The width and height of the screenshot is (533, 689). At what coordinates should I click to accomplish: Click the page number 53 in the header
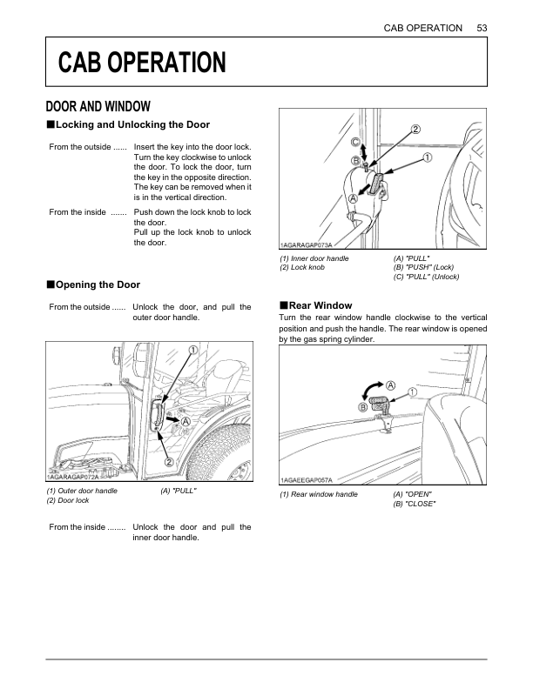(x=482, y=28)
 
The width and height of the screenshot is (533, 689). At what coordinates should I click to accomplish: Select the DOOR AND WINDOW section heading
(x=98, y=107)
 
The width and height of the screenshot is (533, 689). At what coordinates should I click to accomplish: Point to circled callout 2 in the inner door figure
(x=415, y=130)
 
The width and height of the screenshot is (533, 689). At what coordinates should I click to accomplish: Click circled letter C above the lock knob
(x=355, y=142)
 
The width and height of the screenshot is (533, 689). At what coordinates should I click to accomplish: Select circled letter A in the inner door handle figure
(x=354, y=198)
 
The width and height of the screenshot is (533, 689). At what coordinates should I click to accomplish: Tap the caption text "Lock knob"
(x=301, y=268)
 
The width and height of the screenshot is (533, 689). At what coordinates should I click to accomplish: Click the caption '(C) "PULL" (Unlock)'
(x=426, y=277)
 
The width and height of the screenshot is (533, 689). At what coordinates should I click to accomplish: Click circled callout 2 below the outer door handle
(x=168, y=461)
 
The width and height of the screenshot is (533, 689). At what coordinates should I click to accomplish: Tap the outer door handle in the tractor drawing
(x=157, y=415)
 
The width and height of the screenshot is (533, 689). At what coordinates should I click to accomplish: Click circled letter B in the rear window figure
(x=361, y=407)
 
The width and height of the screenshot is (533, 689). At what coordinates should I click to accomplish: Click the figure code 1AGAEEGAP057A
(x=312, y=479)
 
